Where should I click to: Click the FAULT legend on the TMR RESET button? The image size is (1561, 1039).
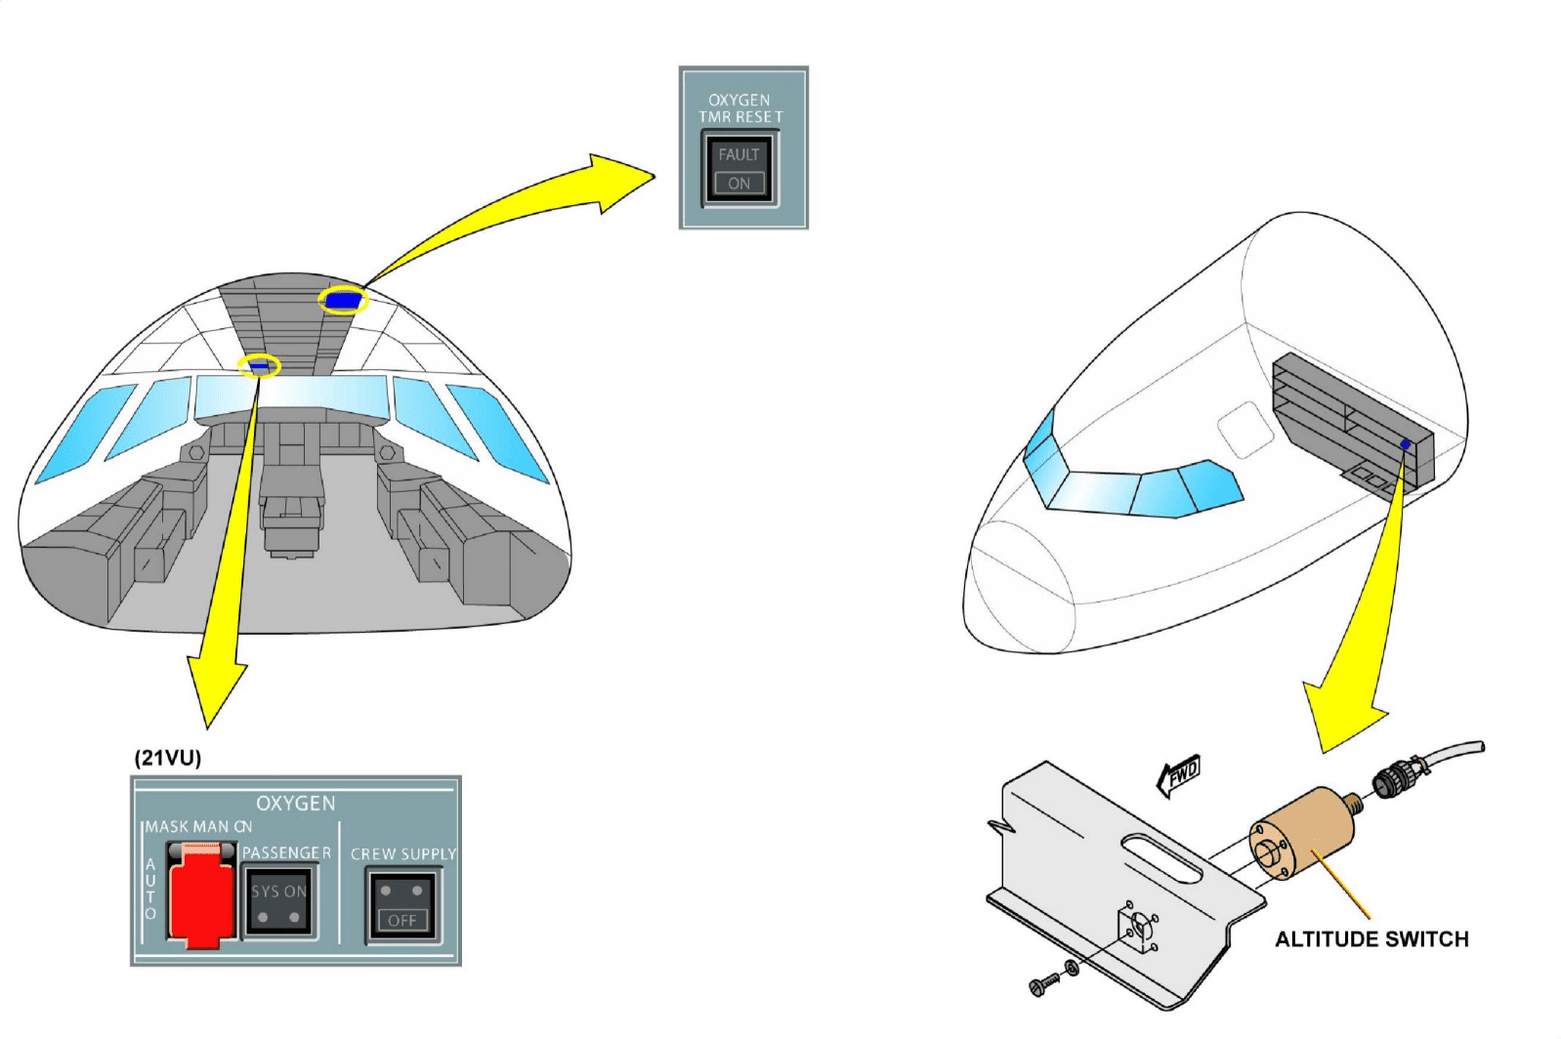point(738,154)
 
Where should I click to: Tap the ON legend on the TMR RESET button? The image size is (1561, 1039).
point(738,183)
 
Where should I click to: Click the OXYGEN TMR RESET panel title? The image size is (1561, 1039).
point(740,108)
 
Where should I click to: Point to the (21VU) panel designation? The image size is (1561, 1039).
point(168,758)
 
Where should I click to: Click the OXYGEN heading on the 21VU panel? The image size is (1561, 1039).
point(295,804)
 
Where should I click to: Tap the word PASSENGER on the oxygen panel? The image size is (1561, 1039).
point(286,852)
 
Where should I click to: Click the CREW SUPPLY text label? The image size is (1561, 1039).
point(403,853)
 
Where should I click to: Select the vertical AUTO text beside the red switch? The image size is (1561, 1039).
point(150,889)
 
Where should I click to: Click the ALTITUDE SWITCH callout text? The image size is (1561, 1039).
point(1371,939)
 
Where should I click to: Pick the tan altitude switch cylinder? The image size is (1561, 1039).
point(1303,832)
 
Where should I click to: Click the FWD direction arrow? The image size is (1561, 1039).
point(1179,775)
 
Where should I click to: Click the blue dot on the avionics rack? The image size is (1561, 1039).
point(1405,444)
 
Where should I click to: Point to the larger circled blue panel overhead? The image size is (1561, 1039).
point(342,300)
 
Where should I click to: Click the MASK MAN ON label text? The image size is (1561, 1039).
point(198,827)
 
